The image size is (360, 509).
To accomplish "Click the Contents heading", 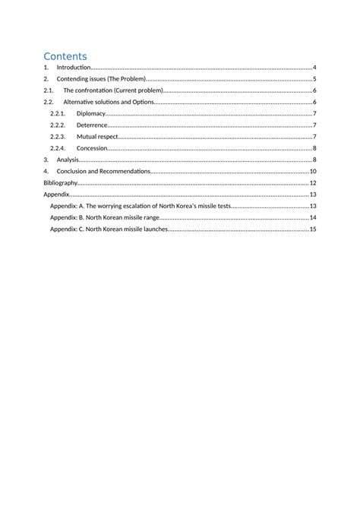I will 65,56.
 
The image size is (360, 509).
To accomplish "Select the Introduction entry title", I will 74,68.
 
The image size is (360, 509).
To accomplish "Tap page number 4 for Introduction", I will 314,68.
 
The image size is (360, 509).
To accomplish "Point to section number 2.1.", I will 49,90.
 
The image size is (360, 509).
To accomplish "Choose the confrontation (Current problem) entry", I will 113,90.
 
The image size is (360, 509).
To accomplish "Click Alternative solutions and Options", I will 109,102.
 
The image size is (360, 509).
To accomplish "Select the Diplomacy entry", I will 91,114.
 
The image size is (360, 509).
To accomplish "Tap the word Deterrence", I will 92,125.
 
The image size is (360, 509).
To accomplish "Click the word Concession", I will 92,148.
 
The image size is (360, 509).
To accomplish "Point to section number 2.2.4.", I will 58,148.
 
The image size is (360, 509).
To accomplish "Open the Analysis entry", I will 68,160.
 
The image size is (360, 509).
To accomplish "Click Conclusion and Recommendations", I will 103,172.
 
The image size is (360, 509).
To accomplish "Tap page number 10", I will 313,172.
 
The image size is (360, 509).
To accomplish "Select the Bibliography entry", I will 60,183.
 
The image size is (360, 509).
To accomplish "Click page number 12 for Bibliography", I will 313,183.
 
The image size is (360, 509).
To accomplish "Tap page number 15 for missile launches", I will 313,229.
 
